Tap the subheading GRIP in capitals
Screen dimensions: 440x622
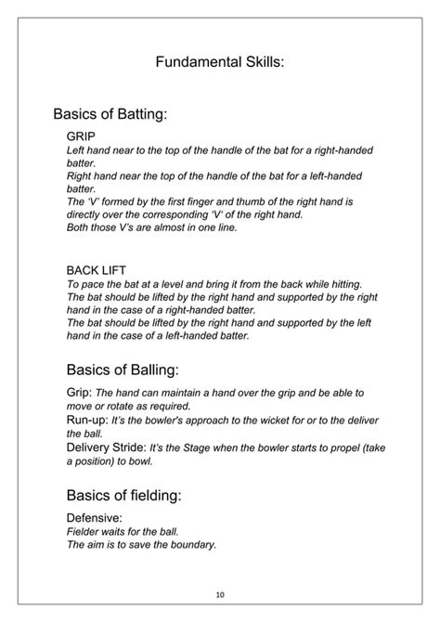pos(82,136)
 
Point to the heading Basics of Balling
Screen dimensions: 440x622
pos(115,369)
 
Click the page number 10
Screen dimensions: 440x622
pos(220,595)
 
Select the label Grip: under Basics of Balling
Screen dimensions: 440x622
pos(81,392)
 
